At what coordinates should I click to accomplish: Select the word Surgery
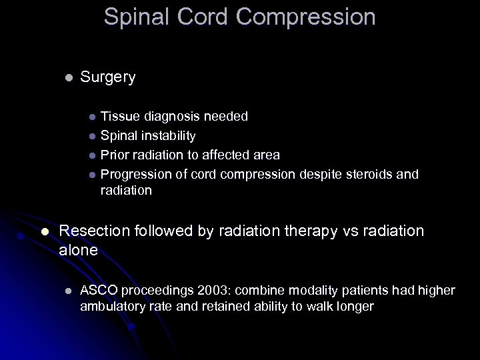[x=107, y=77]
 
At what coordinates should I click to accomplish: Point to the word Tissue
[x=117, y=117]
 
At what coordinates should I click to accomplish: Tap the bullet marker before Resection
[x=45, y=231]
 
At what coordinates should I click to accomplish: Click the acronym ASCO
[x=98, y=291]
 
